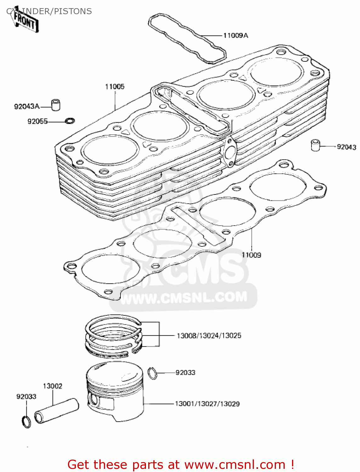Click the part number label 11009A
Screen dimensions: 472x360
tap(235, 36)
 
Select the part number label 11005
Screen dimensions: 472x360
tap(115, 87)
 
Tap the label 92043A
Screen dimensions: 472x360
tap(27, 107)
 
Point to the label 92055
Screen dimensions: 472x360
tap(37, 121)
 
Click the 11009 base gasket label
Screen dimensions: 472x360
tap(251, 255)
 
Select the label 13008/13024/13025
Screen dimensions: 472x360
tap(209, 336)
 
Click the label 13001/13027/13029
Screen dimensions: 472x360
tap(207, 404)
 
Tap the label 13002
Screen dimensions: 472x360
tap(53, 386)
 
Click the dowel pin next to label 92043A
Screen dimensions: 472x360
tap(56, 105)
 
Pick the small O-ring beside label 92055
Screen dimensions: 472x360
tap(70, 121)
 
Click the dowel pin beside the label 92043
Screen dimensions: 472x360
tap(315, 145)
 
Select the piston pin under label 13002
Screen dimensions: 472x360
tap(56, 411)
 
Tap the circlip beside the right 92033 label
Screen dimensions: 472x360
tap(153, 373)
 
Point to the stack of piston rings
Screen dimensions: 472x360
tap(114, 336)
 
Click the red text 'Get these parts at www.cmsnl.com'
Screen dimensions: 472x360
tap(181, 464)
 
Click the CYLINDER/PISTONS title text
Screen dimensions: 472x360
tap(49, 11)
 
